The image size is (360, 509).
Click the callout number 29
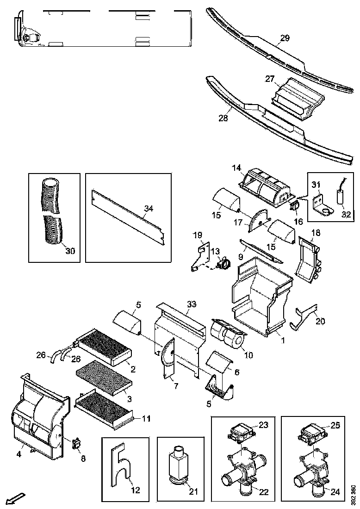285,38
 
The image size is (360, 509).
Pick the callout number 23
263,424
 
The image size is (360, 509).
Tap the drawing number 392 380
353,494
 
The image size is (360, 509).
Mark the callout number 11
146,419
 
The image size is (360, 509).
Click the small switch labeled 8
76,444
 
